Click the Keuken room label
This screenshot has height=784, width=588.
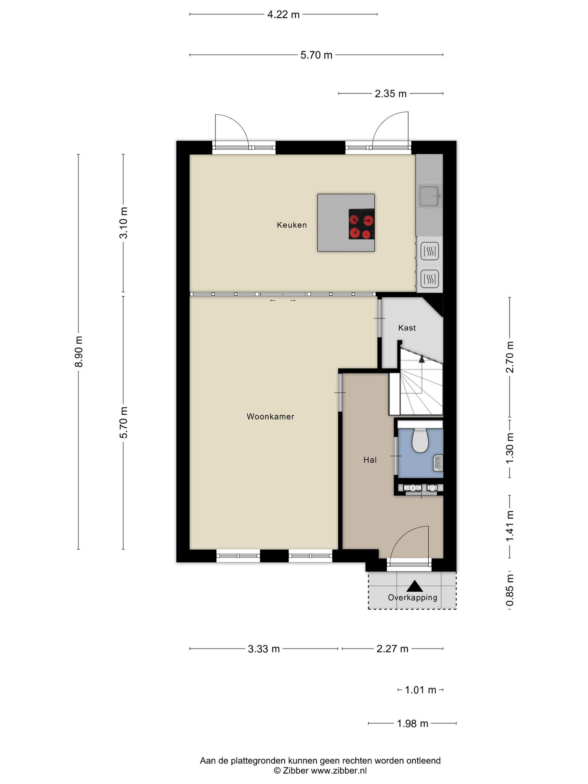coord(292,225)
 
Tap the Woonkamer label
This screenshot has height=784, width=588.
coord(270,416)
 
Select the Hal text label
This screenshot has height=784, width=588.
coord(370,460)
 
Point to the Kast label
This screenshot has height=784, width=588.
coord(407,327)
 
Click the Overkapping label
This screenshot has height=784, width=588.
coord(412,598)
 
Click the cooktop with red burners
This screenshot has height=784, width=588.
coord(361,224)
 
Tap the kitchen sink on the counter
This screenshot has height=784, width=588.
coord(429,196)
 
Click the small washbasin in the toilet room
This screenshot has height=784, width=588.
coord(438,463)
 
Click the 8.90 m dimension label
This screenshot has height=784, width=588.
coord(78,352)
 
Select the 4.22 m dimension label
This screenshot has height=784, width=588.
coord(283,15)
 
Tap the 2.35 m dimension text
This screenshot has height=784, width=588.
coord(391,94)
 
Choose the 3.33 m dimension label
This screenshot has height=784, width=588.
coord(264,649)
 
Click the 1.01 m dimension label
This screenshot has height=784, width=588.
coord(421,690)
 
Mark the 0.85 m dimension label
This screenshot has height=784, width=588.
coord(510,590)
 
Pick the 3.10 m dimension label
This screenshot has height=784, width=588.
coord(123,223)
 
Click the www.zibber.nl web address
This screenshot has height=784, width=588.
coord(339,771)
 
